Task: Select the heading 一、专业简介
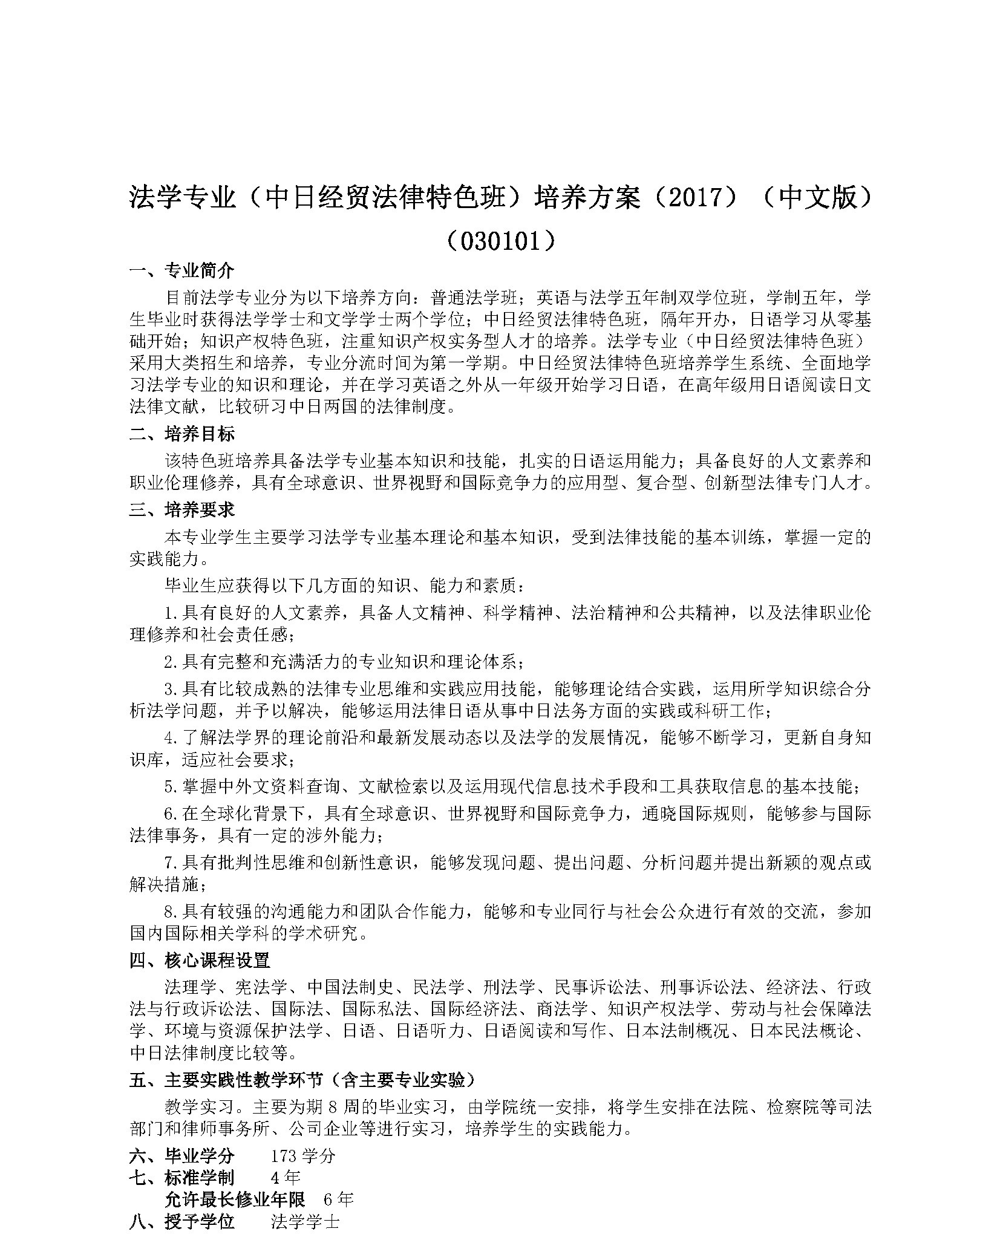pyautogui.click(x=182, y=270)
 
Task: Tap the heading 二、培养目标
pyautogui.click(x=182, y=434)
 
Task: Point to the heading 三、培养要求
pyautogui.click(x=182, y=510)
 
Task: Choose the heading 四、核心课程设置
pyautogui.click(x=200, y=960)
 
